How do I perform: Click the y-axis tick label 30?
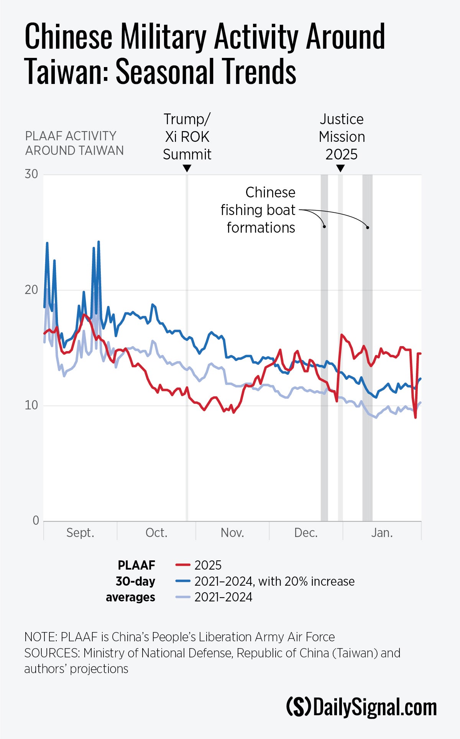(x=31, y=174)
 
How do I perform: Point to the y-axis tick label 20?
(x=31, y=290)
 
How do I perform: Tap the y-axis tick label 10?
(x=31, y=405)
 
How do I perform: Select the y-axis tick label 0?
(x=36, y=521)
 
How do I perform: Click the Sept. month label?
(x=80, y=533)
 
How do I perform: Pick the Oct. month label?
(x=156, y=533)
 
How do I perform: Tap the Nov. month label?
(x=232, y=533)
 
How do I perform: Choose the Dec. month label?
(x=306, y=533)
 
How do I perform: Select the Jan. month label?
(x=382, y=533)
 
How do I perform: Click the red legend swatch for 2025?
(x=183, y=565)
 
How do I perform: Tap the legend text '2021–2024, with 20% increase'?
(x=274, y=581)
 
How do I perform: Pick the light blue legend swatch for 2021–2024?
(x=183, y=597)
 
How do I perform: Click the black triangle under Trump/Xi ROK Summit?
(x=187, y=168)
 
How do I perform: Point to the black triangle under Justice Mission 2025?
(x=340, y=168)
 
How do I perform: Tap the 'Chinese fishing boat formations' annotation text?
(x=258, y=210)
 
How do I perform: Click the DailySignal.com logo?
(x=361, y=707)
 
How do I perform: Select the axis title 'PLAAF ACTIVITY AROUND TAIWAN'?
(x=74, y=143)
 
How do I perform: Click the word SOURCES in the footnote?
(x=52, y=653)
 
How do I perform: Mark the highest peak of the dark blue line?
(x=99, y=242)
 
